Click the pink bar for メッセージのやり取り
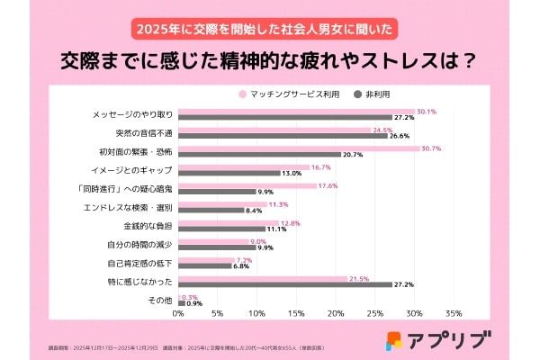point(296,112)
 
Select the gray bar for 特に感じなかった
point(284,284)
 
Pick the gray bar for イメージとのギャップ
point(229,172)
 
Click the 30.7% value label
point(431,148)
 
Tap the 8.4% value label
point(254,210)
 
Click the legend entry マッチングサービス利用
point(292,94)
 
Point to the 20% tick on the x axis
point(335,314)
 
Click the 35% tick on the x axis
point(453,314)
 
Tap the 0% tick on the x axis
point(178,314)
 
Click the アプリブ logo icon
point(394,340)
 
